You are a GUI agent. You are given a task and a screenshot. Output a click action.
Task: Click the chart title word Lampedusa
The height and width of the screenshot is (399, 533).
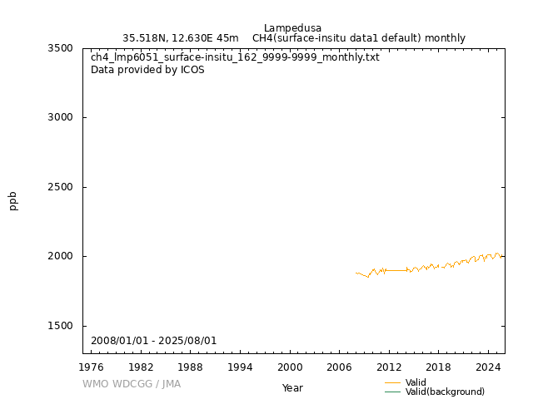292,28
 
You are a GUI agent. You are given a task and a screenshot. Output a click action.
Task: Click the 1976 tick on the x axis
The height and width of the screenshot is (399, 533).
92,367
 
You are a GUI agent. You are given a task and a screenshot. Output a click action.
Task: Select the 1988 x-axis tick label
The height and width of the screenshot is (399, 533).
191,367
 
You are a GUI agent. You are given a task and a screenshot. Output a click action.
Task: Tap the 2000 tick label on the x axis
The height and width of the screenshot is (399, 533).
290,367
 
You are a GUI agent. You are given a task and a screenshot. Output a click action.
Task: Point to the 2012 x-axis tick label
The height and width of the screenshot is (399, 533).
389,367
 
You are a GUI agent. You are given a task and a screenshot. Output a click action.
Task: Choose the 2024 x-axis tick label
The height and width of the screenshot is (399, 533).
488,367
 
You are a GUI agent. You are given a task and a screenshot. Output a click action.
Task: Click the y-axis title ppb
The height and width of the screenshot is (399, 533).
13,200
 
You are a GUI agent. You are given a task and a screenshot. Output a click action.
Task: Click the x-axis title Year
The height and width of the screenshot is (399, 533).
292,388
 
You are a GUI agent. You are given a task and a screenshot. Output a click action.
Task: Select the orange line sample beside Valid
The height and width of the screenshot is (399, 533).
393,382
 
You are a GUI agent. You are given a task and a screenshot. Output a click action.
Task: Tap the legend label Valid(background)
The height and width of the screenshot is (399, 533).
445,392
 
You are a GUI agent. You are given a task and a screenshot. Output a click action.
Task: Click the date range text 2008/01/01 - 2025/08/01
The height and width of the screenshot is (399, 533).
154,341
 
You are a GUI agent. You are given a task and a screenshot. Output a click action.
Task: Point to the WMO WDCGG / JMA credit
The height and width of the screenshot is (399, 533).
132,384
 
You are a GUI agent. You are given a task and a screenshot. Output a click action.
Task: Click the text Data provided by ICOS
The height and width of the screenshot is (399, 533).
147,70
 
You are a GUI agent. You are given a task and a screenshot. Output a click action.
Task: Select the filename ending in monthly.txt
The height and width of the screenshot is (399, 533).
235,57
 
